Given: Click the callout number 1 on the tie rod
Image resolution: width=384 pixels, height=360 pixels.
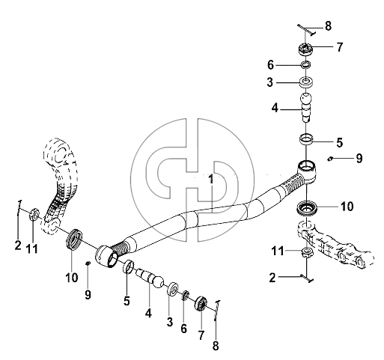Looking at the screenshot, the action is tap(211, 179).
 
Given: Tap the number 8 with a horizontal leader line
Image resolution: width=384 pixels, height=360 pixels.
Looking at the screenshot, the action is tap(328, 25).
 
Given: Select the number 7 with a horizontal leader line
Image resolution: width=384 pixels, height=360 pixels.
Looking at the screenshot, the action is tap(339, 47).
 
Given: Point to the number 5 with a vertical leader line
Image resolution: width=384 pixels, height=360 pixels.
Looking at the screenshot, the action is tap(127, 301).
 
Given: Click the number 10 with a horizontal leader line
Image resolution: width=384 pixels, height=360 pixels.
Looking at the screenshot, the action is tap(347, 207).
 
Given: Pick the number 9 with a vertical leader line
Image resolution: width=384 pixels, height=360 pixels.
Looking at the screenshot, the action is tap(88, 294).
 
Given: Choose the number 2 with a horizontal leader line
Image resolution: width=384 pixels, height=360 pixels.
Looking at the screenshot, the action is tap(272, 278).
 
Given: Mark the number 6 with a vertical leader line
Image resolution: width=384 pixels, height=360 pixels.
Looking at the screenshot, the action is tap(183, 329).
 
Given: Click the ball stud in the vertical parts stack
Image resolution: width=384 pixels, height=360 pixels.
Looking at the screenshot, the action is tap(306, 107).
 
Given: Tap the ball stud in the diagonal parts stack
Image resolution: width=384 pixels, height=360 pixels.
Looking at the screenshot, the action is tap(150, 278).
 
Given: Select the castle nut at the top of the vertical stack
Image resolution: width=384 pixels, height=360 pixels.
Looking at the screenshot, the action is tap(305, 49).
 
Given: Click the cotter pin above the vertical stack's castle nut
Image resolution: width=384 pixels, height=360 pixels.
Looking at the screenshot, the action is tap(307, 30).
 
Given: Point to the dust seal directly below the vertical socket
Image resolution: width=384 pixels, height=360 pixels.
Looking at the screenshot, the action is tap(306, 207).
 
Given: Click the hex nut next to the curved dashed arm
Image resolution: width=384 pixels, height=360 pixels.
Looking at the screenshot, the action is tap(34, 214).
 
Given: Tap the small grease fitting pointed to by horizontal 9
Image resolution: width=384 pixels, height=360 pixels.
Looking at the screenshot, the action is tap(330, 159).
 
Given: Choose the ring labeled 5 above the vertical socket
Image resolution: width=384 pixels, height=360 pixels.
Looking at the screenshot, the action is tap(306, 139).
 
